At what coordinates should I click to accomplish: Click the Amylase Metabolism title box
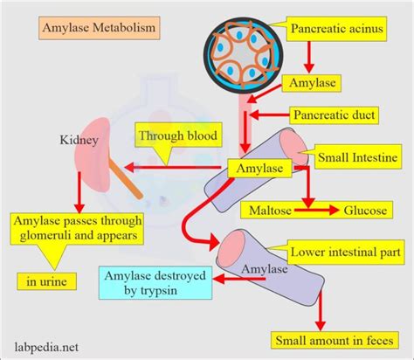click(98, 28)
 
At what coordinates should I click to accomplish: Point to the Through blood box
click(176, 135)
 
